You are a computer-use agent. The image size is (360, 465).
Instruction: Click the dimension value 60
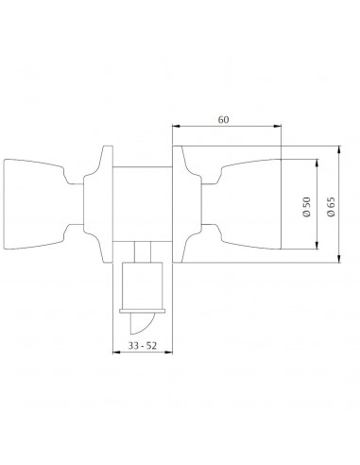tap(223, 120)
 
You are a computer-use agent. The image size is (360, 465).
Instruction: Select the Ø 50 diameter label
tap(306, 207)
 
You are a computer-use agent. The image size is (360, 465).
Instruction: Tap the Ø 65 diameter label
tap(331, 207)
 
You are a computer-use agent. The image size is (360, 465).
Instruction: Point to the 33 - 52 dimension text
tap(142, 346)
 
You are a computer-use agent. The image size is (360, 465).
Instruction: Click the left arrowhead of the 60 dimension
tap(176, 126)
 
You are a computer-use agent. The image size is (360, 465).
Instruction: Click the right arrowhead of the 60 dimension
tap(278, 126)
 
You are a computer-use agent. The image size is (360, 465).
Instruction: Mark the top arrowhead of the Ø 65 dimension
tap(339, 149)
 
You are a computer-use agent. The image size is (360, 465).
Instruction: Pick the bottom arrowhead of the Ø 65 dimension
tap(339, 259)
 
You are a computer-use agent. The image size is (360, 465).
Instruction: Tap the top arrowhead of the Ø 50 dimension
tap(317, 163)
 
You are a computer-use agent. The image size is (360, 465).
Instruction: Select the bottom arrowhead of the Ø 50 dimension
tap(317, 246)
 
